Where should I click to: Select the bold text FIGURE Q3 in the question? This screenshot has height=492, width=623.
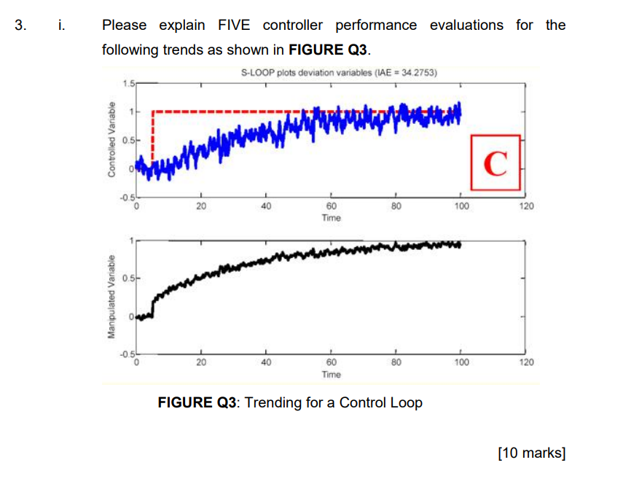(x=329, y=52)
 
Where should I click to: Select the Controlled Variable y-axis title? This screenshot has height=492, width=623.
(x=111, y=138)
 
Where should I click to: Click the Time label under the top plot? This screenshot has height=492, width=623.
(x=331, y=218)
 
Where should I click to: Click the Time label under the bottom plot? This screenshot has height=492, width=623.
(x=331, y=374)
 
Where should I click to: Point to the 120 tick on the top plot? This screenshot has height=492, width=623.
(x=525, y=207)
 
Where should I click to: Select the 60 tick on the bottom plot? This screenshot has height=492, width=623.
(x=331, y=362)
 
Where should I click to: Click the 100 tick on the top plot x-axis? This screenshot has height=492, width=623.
(x=461, y=207)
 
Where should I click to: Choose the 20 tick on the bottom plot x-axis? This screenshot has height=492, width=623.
(x=201, y=362)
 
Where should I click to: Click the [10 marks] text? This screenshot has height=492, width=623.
(x=531, y=453)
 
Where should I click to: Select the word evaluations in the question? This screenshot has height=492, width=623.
(x=466, y=26)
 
